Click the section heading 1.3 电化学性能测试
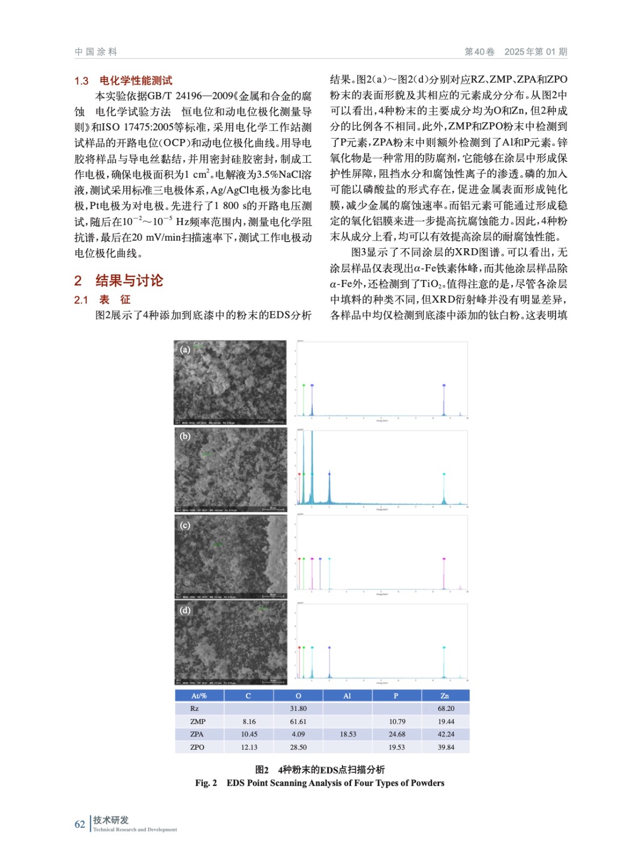pyautogui.click(x=123, y=81)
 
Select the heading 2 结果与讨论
pyautogui.click(x=118, y=281)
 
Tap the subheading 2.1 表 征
pyautogui.click(x=103, y=300)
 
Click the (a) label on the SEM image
pyautogui.click(x=185, y=349)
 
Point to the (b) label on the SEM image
pyautogui.click(x=185, y=436)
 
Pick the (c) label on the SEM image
pyautogui.click(x=185, y=525)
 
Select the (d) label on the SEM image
pyautogui.click(x=185, y=610)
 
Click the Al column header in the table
pyautogui.click(x=347, y=696)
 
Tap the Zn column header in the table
pyautogui.click(x=445, y=696)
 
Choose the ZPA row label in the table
pyautogui.click(x=197, y=734)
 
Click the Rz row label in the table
pyautogui.click(x=194, y=708)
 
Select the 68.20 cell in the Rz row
pyautogui.click(x=446, y=708)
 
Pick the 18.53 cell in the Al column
pyautogui.click(x=348, y=734)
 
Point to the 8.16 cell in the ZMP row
pyautogui.click(x=249, y=721)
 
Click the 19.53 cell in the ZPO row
pyautogui.click(x=396, y=747)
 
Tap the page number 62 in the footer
pyautogui.click(x=80, y=824)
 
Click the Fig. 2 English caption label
pyautogui.click(x=206, y=783)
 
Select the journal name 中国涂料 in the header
pyautogui.click(x=96, y=52)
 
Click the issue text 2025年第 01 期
pyautogui.click(x=535, y=52)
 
